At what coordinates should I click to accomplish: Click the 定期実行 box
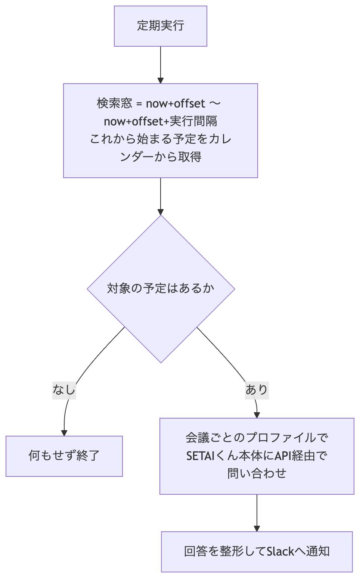coord(161,26)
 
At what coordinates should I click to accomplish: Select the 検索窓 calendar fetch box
coord(161,131)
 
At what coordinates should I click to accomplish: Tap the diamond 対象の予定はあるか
coord(161,289)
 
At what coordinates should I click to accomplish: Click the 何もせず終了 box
coord(64,456)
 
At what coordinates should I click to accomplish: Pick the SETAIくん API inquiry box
coord(257,456)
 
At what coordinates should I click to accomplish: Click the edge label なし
coord(64,390)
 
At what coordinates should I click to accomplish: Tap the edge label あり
coord(257,390)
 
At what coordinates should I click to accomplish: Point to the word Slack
coord(280,552)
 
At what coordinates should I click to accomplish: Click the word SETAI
coord(201,456)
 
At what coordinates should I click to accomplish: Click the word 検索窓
coord(115,103)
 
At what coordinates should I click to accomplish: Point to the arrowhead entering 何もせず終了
coord(64,433)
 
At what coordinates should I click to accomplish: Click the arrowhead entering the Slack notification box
coord(257,529)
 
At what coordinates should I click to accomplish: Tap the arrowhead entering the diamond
coord(161,212)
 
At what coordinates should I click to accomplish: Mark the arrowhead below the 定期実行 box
coord(161,81)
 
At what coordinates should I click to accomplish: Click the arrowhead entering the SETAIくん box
coord(257,415)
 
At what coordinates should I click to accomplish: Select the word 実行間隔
coord(193,121)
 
